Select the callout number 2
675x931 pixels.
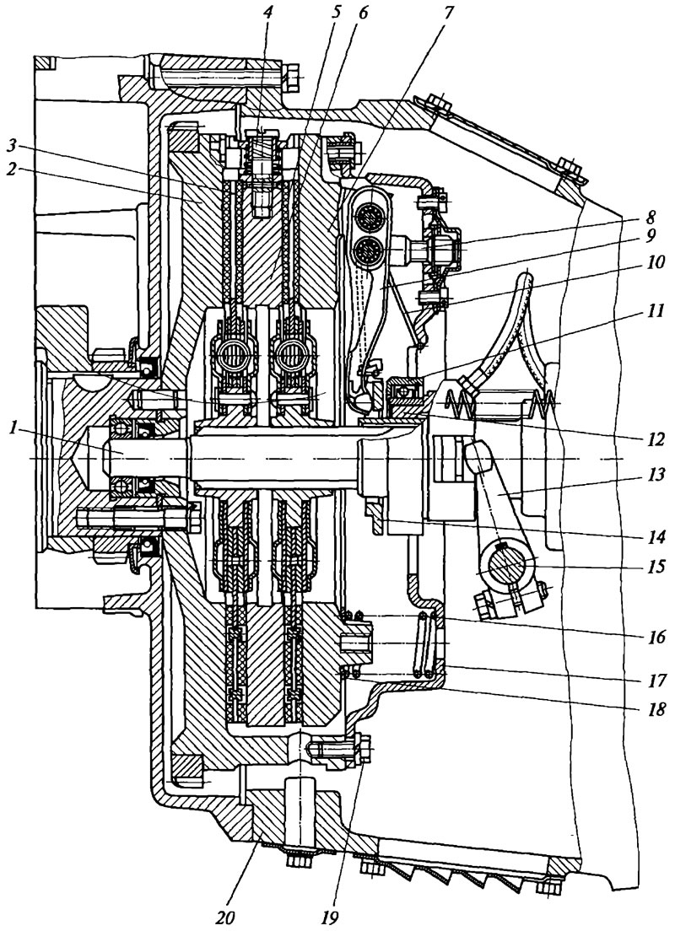click(10, 168)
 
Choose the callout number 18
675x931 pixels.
click(654, 708)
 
